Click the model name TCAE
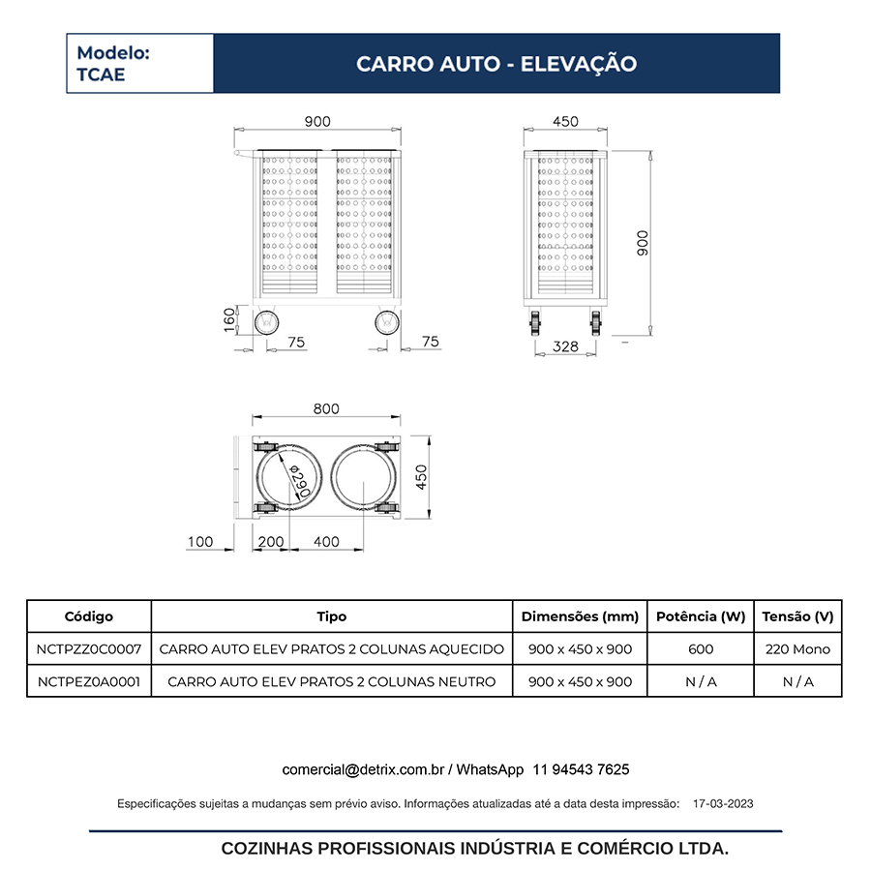(x=101, y=75)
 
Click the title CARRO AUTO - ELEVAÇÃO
(x=496, y=64)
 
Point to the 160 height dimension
(x=229, y=319)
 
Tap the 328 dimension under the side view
(x=565, y=346)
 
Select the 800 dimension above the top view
(x=326, y=408)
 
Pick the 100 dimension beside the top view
(x=200, y=542)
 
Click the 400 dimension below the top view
(x=327, y=542)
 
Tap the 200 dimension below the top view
(x=272, y=542)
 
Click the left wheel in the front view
(x=265, y=321)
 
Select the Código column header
(x=89, y=616)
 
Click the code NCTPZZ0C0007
(x=89, y=649)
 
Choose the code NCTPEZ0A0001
(x=89, y=681)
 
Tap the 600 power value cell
(x=701, y=649)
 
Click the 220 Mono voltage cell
(x=797, y=649)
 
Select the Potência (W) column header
(x=701, y=616)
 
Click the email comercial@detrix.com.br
(x=363, y=769)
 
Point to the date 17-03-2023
(x=724, y=803)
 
